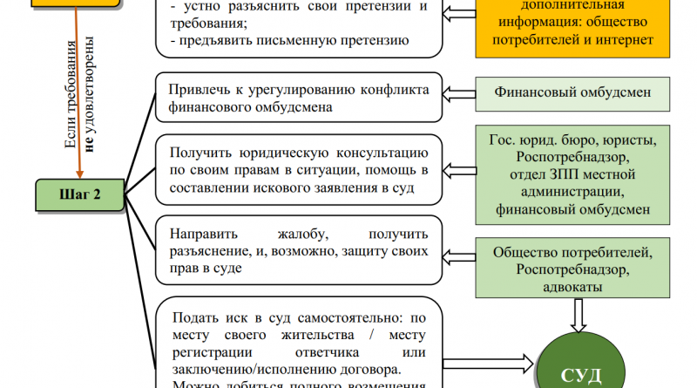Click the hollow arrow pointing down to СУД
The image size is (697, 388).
pyautogui.click(x=573, y=312)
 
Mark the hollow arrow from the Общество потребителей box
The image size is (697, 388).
pyautogui.click(x=457, y=252)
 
